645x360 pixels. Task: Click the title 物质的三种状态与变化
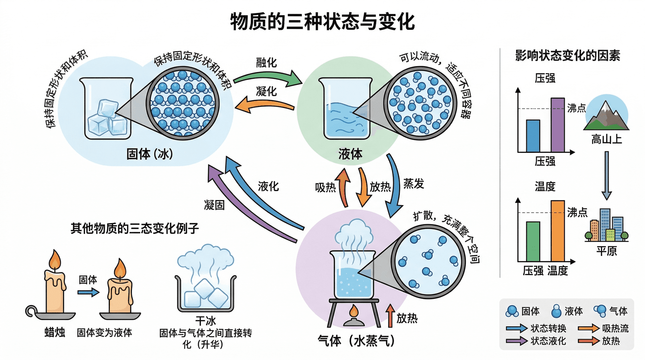point(322,22)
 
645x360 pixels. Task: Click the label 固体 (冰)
point(149,154)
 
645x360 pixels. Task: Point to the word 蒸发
point(414,184)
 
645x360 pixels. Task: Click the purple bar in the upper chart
point(558,125)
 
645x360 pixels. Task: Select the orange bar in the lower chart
point(558,231)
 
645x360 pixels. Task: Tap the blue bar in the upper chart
point(533,136)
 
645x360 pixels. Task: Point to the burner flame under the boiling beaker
point(353,312)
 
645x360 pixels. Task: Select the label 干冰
point(205,321)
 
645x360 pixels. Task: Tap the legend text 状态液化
point(548,341)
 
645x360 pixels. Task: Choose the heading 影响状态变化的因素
point(567,55)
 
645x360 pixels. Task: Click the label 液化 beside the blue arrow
point(268,186)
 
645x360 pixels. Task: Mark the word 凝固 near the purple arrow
point(214,205)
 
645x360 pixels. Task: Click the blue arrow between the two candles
point(88,292)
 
